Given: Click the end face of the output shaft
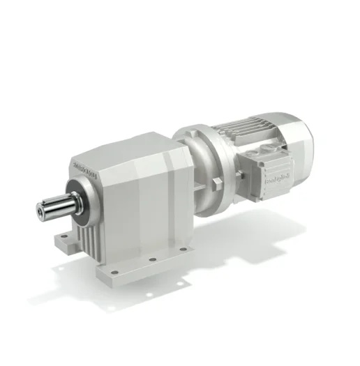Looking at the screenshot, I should (38, 207).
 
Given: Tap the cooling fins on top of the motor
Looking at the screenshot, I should (237, 125).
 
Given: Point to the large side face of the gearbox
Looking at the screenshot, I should (150, 202).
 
